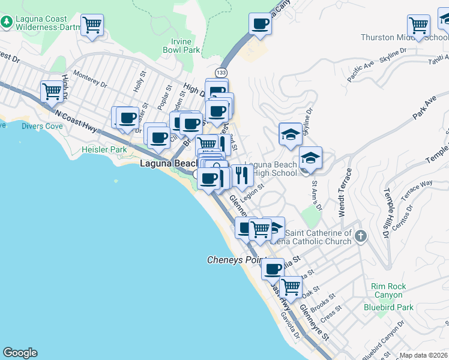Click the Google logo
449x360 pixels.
20,353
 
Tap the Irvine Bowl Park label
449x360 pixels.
181,46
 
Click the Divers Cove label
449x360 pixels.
42,126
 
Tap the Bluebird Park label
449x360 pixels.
388,307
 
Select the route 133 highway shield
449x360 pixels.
222,72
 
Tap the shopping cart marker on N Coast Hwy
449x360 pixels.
52,91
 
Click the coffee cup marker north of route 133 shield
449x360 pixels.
261,24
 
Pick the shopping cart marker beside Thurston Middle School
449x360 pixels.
418,25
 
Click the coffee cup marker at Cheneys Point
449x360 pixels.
273,268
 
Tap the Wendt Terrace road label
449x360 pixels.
342,199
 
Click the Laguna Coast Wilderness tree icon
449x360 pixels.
7,22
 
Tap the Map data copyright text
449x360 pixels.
423,355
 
